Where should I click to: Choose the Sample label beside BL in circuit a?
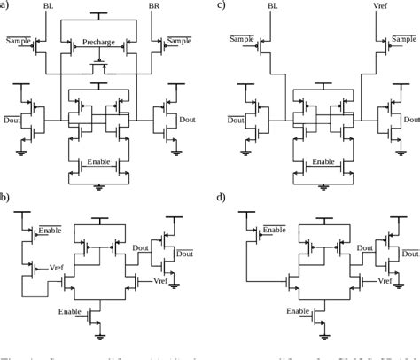17,41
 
